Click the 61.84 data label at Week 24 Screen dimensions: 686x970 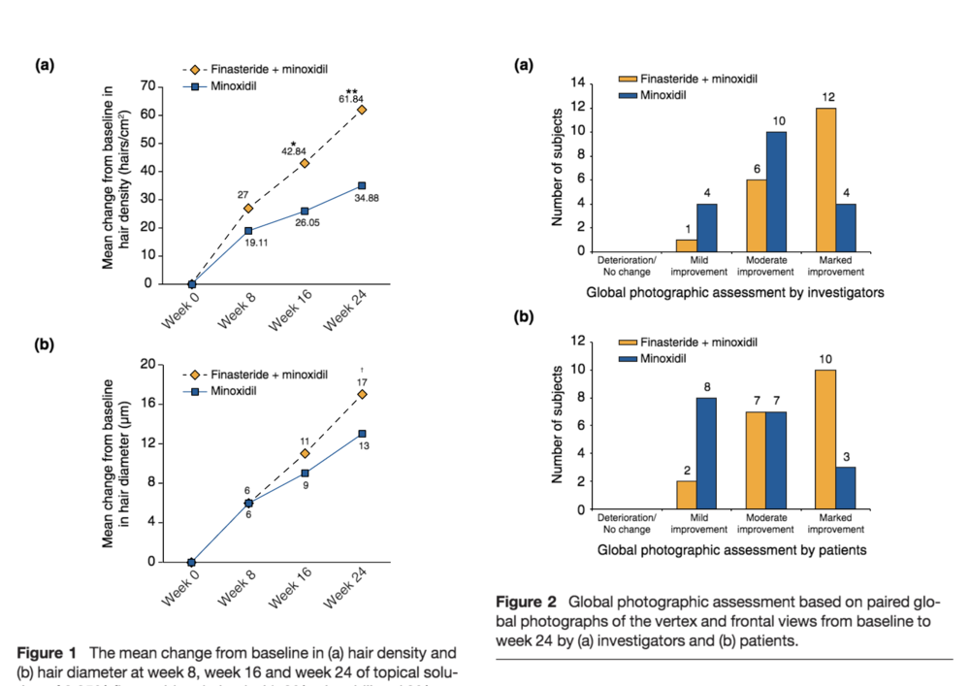pos(351,99)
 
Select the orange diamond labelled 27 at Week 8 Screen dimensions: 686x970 pos(248,208)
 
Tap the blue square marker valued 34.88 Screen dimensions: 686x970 pos(362,185)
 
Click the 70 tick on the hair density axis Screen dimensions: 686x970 pos(148,85)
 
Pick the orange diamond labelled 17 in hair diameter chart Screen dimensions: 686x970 pos(362,394)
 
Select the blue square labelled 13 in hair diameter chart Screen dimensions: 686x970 pos(362,434)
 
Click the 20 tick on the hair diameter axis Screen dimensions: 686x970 pos(148,365)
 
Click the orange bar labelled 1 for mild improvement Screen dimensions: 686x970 pos(687,245)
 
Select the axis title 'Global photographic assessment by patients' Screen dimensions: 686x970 pos(732,550)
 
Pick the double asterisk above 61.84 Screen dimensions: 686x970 pos(351,90)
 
